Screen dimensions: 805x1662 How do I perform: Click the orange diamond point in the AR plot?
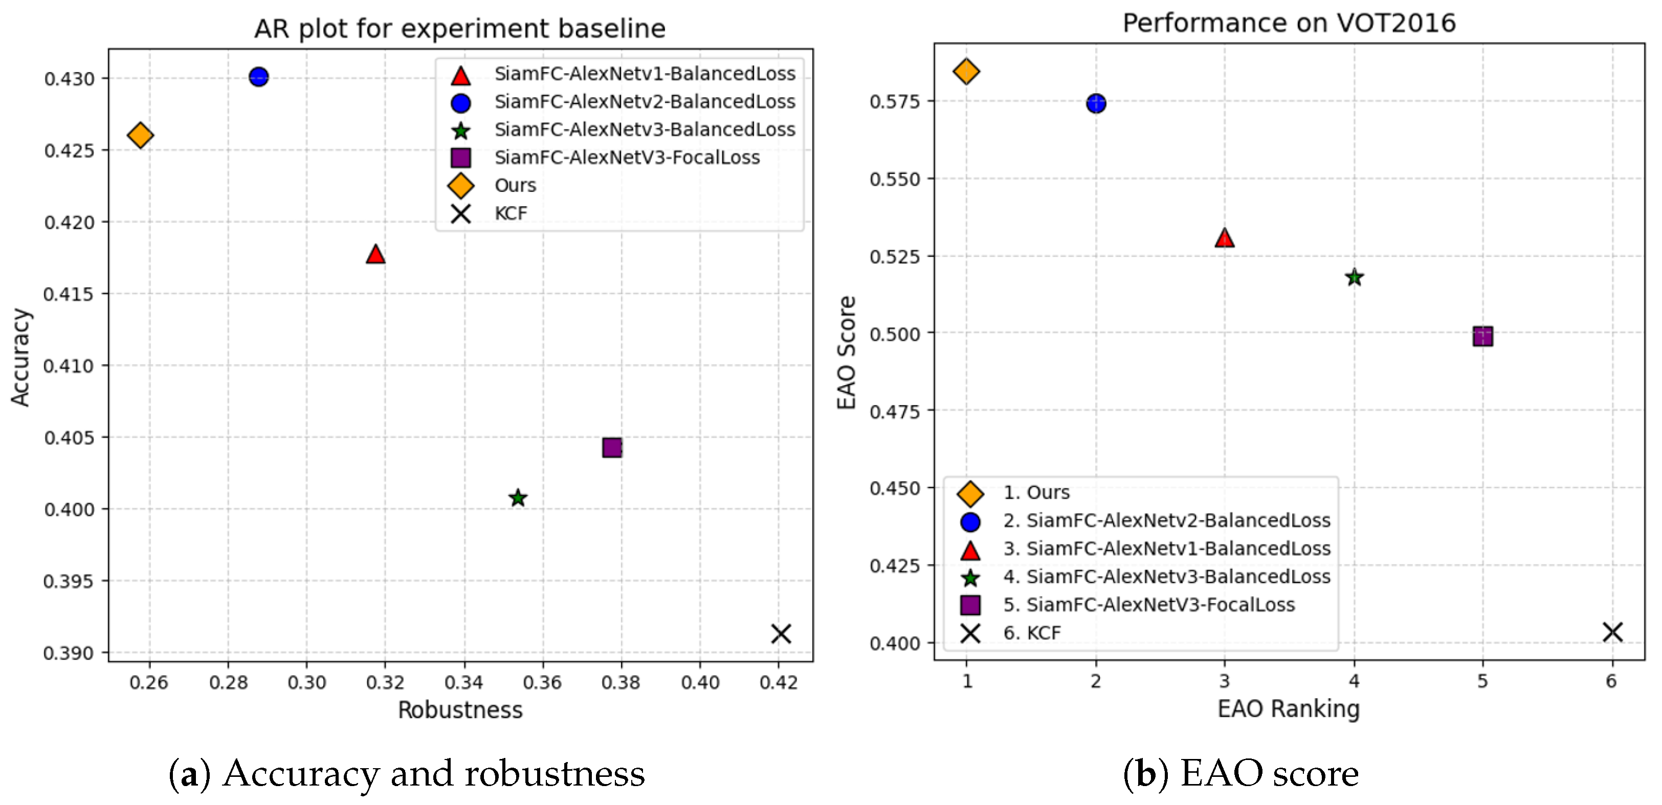(140, 136)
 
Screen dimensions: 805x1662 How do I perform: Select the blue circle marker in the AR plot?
(258, 77)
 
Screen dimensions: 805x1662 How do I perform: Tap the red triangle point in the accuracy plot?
(375, 255)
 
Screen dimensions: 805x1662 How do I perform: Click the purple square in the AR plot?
(612, 448)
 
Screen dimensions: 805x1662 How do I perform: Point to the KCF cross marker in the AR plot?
(781, 634)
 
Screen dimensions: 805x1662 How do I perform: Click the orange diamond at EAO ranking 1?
(966, 71)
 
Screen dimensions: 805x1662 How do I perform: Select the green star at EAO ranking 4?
(1354, 277)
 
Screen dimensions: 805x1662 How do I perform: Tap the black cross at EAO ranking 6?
(1612, 632)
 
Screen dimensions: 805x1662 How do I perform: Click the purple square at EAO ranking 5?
(1482, 336)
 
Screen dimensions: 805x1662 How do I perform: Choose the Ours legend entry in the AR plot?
(515, 186)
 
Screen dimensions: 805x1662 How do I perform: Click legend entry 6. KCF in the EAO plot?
(1031, 633)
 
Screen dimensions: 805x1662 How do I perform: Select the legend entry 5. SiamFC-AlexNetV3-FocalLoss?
(1148, 605)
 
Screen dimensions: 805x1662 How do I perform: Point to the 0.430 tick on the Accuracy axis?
(69, 79)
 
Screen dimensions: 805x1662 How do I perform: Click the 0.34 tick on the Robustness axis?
(463, 682)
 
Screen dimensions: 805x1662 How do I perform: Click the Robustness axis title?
(460, 710)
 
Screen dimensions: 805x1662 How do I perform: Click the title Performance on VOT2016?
(1289, 23)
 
